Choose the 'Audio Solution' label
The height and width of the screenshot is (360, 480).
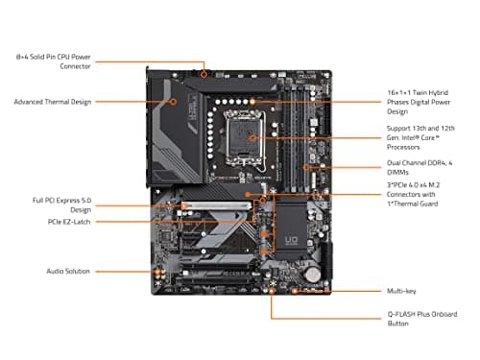click(43, 272)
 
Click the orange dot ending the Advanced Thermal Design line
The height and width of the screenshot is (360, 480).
click(172, 101)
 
